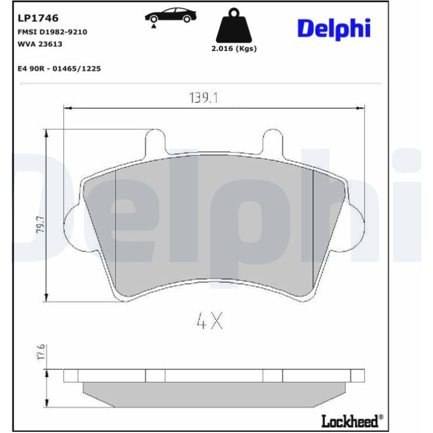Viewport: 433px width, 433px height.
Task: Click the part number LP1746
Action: point(38,18)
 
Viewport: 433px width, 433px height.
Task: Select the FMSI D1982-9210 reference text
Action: point(52,32)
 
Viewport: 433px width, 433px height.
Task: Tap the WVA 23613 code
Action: point(40,44)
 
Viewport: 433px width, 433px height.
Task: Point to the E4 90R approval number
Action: point(60,69)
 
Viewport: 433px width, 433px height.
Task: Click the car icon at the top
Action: point(170,16)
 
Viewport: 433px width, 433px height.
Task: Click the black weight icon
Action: point(233,25)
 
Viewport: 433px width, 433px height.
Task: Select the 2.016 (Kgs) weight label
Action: point(234,48)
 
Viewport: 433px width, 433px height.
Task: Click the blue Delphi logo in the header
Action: point(334,29)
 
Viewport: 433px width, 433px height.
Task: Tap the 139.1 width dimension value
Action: point(204,98)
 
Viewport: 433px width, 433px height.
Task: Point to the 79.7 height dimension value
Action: point(40,224)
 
